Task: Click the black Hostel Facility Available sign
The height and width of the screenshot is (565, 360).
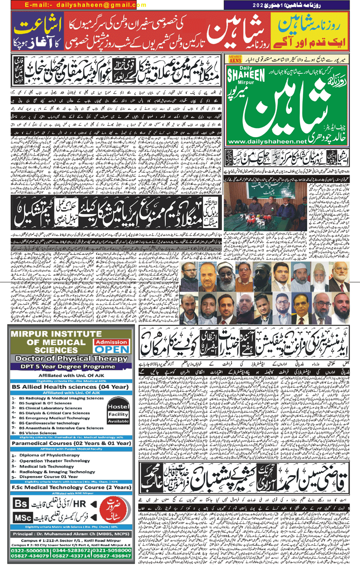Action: point(118,414)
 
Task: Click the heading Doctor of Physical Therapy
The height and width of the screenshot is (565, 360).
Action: point(69,359)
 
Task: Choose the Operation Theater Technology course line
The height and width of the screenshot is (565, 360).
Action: point(54,461)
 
